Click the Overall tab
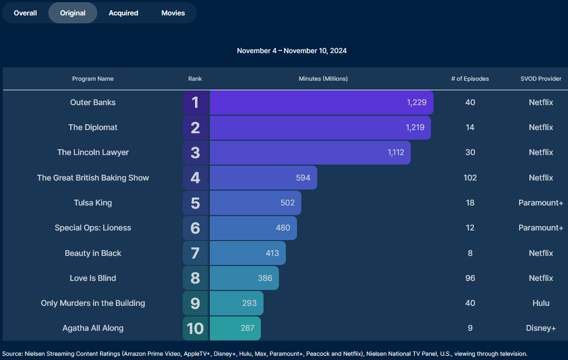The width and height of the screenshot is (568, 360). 26,13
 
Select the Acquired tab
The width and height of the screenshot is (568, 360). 123,13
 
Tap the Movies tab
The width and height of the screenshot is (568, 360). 173,13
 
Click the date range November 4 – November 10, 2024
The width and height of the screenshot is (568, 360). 292,51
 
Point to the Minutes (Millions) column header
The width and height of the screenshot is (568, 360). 323,79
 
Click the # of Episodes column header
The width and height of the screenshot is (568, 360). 470,79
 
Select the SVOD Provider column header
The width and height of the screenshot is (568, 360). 540,79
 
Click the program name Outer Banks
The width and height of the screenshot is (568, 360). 93,102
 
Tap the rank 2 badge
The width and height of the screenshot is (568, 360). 195,127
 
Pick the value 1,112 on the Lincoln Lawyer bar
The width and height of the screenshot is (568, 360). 396,152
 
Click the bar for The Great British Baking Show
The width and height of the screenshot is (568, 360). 263,178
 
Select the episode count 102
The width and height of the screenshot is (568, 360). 470,178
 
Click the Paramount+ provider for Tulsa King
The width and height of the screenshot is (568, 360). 540,203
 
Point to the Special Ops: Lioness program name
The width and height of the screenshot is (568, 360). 93,228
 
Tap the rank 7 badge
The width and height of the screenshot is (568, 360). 195,253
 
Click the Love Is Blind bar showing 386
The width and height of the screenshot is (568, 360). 244,278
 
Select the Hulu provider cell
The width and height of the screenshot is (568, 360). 540,303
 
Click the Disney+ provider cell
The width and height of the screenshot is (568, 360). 540,328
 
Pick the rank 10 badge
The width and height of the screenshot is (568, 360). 195,329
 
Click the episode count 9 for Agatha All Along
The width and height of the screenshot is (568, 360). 470,328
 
